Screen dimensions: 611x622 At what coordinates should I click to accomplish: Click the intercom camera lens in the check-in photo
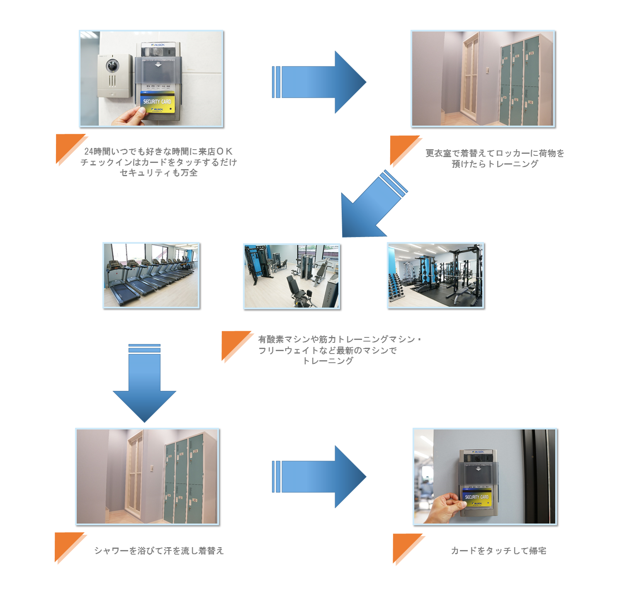112,65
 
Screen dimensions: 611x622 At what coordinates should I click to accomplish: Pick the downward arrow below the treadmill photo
144,383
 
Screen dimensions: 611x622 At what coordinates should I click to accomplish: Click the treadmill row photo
151,275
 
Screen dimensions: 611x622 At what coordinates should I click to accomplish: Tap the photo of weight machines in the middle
292,276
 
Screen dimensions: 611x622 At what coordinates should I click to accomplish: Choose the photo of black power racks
435,275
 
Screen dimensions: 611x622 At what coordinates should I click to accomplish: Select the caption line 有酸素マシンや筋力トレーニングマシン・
339,339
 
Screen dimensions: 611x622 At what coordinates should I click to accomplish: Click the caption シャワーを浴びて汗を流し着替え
159,551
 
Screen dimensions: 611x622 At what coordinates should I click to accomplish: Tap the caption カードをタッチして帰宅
498,551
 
